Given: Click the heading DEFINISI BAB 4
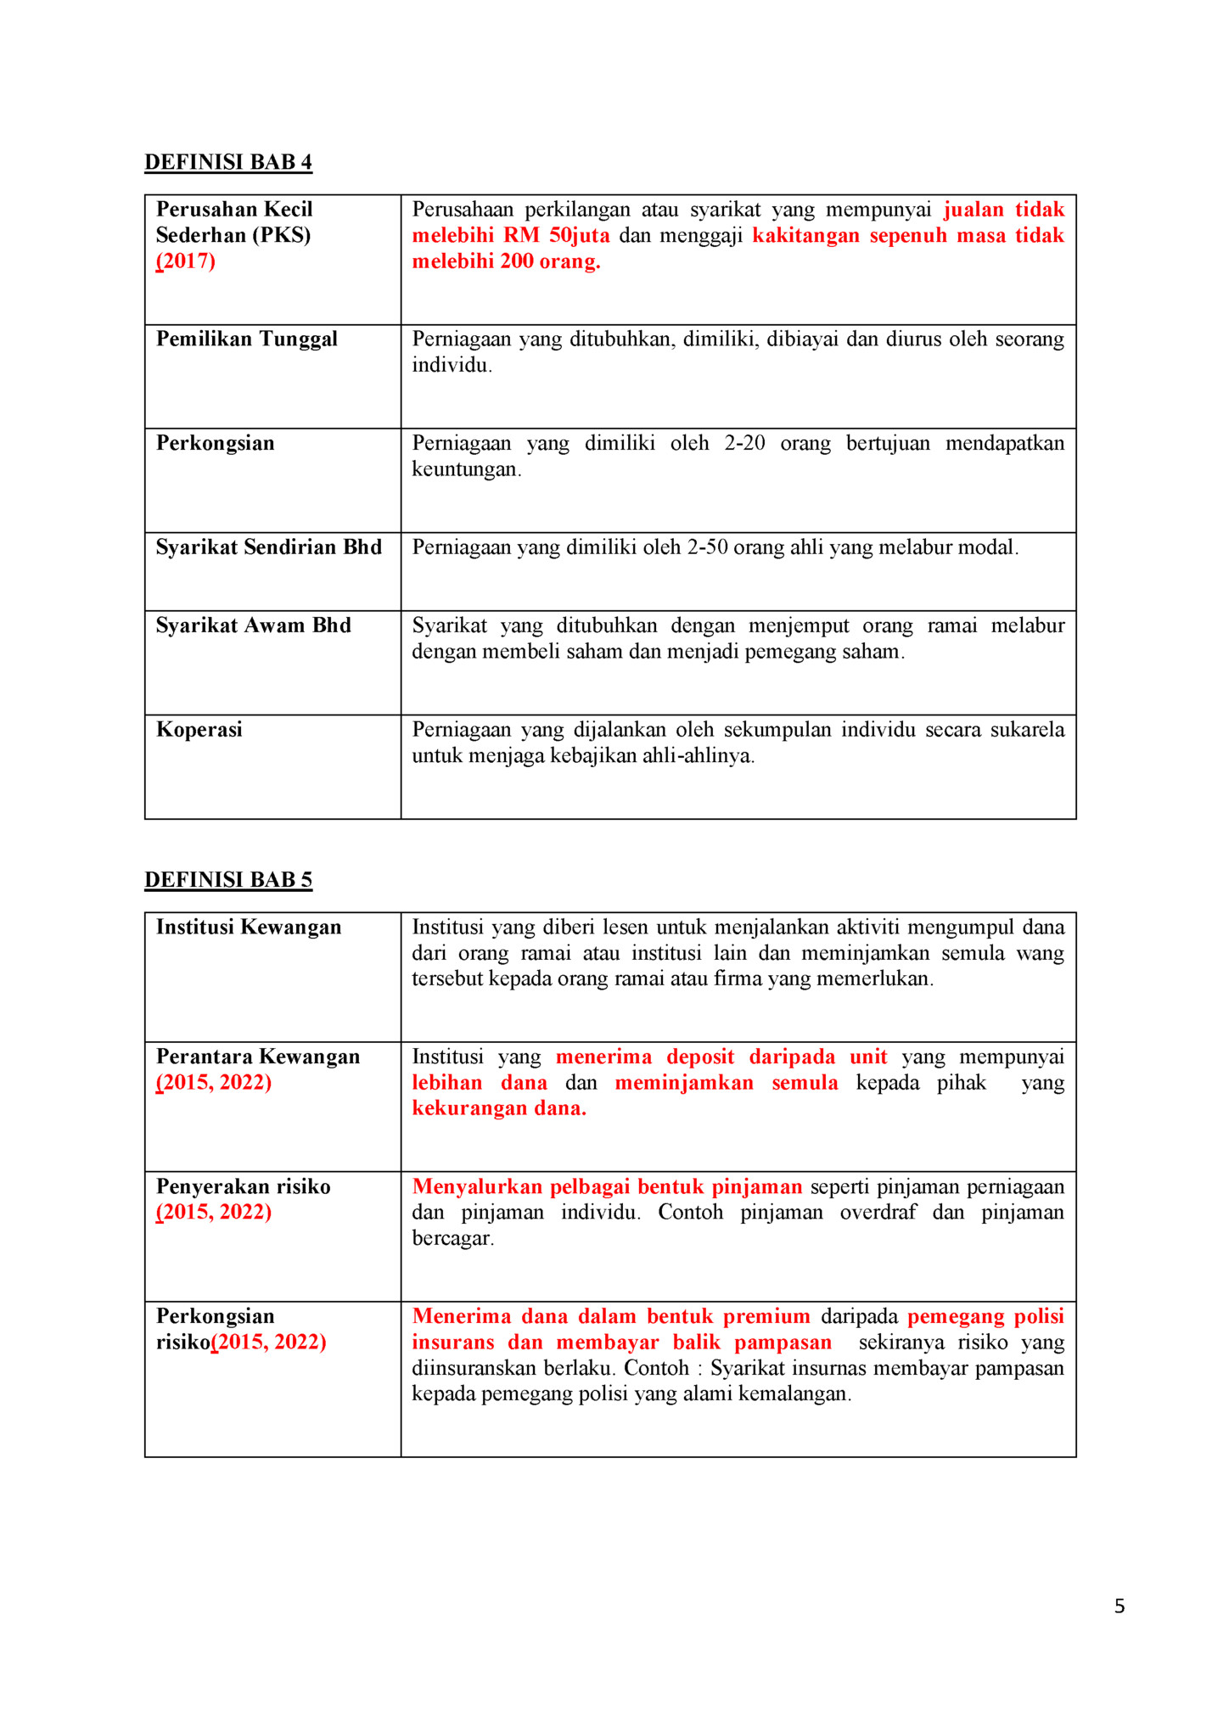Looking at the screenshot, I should tap(227, 162).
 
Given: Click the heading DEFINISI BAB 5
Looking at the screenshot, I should tap(227, 880).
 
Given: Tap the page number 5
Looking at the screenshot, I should tap(1119, 1606).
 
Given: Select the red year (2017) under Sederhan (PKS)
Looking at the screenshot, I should tap(186, 261).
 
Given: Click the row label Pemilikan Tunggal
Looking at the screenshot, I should tap(246, 339).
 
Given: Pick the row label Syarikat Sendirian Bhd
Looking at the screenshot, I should tap(268, 547).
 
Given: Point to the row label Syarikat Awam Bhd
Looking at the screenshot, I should tap(253, 625).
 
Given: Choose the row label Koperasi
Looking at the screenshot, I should tap(199, 730).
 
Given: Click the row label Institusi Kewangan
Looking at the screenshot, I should tap(248, 928).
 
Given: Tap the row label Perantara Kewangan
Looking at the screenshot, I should tap(257, 1057).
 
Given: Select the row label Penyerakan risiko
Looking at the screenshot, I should tap(243, 1187).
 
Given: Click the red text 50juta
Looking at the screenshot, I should tap(579, 236).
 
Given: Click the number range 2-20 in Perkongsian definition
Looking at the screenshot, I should tap(744, 444).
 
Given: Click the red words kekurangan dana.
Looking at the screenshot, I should tap(499, 1109).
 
